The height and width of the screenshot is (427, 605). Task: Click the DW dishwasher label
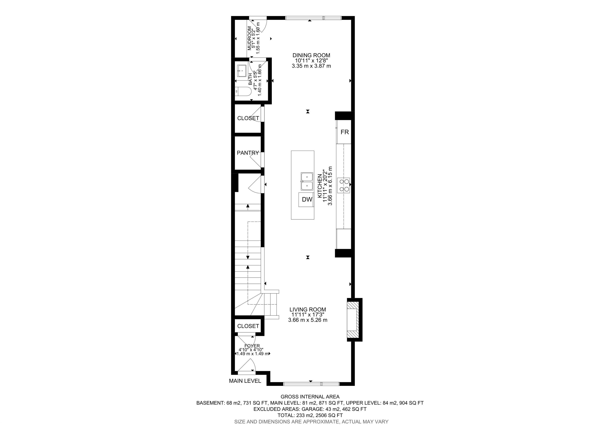pyautogui.click(x=307, y=199)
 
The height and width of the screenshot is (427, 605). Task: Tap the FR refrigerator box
pyautogui.click(x=344, y=132)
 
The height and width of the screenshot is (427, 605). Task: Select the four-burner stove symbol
pyautogui.click(x=344, y=185)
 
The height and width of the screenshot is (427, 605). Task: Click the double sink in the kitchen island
pyautogui.click(x=307, y=181)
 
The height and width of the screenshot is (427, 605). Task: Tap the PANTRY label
pyautogui.click(x=248, y=153)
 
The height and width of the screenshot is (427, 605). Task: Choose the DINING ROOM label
pyautogui.click(x=311, y=55)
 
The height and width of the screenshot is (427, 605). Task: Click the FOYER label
pyautogui.click(x=252, y=346)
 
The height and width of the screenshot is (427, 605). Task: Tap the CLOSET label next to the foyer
pyautogui.click(x=248, y=326)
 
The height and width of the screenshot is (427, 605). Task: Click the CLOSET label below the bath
pyautogui.click(x=248, y=118)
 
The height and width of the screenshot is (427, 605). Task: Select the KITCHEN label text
pyautogui.click(x=320, y=186)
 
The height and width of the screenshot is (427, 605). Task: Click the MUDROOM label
pyautogui.click(x=249, y=38)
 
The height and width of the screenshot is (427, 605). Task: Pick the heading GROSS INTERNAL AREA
pyautogui.click(x=310, y=396)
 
